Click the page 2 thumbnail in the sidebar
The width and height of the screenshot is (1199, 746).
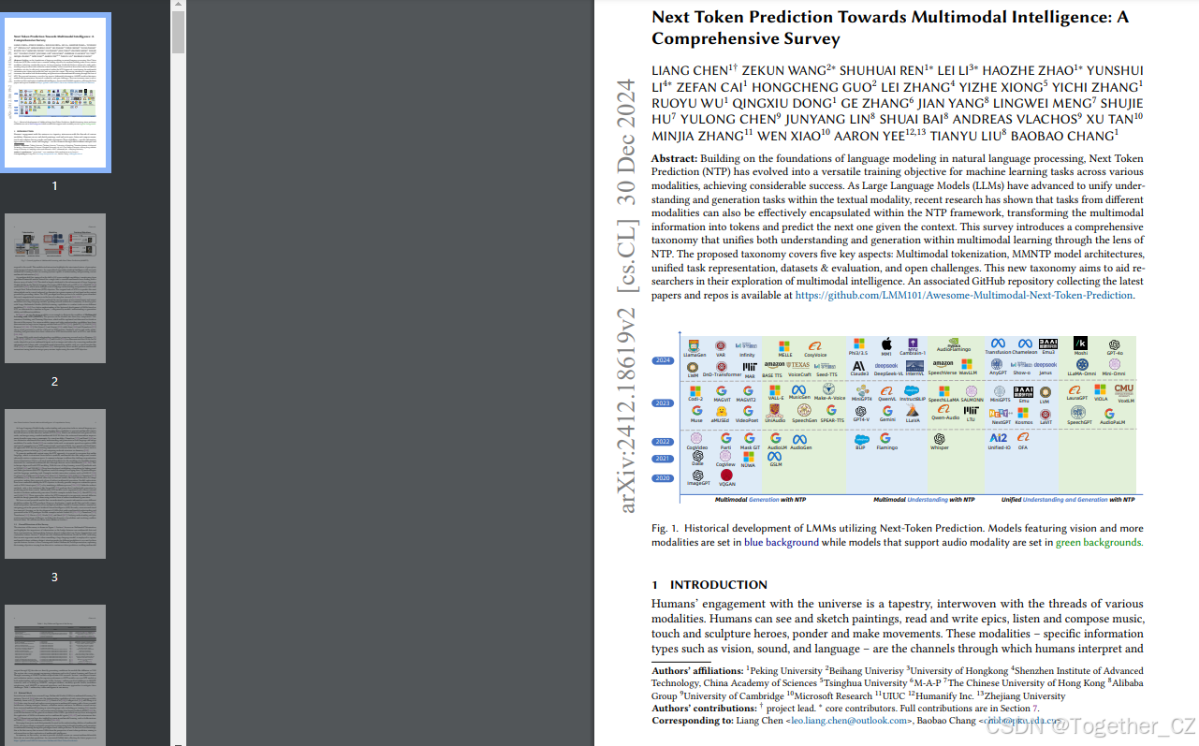tap(55, 288)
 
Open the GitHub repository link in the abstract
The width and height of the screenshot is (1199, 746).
tap(963, 295)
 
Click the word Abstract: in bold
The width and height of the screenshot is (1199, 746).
tap(674, 158)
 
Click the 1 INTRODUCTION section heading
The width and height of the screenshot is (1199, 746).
tap(709, 585)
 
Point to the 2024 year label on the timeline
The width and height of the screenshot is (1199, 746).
tap(663, 360)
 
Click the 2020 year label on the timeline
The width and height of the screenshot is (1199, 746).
tap(663, 478)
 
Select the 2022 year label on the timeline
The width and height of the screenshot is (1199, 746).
tap(663, 441)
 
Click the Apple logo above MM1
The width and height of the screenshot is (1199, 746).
tap(885, 344)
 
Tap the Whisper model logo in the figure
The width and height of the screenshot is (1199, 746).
tap(939, 438)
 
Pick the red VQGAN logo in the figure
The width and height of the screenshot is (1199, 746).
tap(726, 475)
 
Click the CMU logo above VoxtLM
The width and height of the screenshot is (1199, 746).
tap(1123, 389)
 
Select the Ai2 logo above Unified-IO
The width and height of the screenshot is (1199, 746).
tap(999, 438)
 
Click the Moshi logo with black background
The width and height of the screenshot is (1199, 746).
tap(1080, 344)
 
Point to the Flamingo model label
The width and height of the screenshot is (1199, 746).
tap(886, 448)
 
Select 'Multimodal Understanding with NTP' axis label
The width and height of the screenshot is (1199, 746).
tap(924, 500)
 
